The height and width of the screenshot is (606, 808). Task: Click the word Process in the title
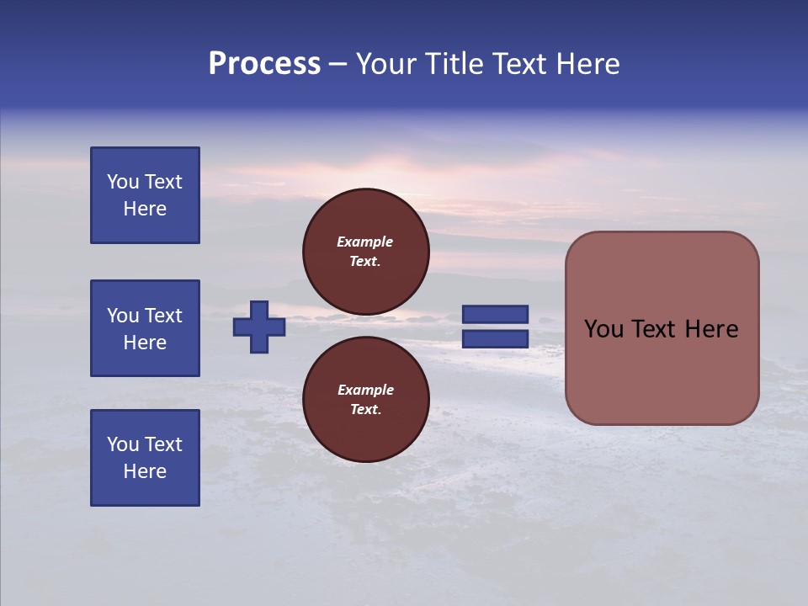click(x=264, y=64)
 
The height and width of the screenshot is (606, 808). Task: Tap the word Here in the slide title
click(x=584, y=64)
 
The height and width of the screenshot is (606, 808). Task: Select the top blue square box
click(x=145, y=195)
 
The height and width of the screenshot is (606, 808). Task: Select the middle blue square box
click(x=145, y=328)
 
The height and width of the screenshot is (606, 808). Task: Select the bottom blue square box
click(x=145, y=458)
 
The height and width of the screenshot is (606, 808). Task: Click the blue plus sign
click(x=259, y=327)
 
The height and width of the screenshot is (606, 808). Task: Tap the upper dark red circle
click(x=365, y=251)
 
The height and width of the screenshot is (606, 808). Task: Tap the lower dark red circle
click(x=365, y=399)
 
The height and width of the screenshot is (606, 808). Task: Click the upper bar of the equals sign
click(x=496, y=315)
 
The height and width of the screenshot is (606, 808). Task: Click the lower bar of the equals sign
click(x=496, y=338)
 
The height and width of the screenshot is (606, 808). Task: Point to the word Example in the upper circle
click(x=365, y=242)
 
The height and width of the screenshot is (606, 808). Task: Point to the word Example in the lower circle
click(x=365, y=390)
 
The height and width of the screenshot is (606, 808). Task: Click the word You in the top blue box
click(x=123, y=182)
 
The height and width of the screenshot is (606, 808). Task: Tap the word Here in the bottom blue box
click(x=145, y=471)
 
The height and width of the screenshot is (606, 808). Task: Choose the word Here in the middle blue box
click(x=145, y=343)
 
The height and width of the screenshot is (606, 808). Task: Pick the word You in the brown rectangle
click(x=603, y=329)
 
